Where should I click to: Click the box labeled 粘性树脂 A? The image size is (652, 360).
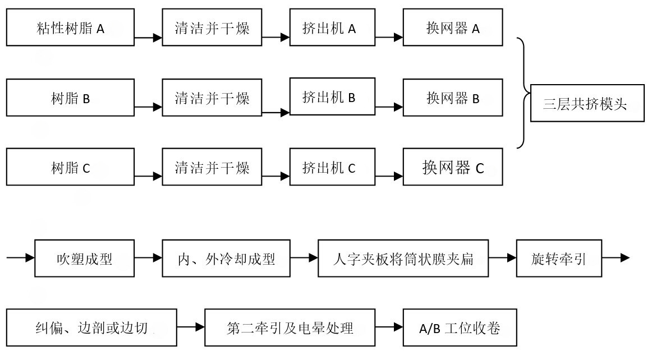click(71, 27)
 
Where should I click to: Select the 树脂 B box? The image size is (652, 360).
click(71, 98)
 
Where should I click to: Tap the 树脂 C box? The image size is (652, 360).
click(71, 167)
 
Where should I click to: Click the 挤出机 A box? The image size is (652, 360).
click(332, 27)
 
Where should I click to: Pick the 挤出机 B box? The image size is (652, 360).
click(332, 97)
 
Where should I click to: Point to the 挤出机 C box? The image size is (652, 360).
click(332, 167)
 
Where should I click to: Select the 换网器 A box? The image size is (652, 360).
click(453, 27)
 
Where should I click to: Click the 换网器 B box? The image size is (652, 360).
click(453, 98)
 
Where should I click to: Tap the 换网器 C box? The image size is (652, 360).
click(453, 167)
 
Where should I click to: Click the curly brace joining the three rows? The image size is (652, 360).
click(524, 93)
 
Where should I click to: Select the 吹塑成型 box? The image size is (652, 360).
click(85, 259)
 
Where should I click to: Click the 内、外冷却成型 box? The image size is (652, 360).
click(226, 259)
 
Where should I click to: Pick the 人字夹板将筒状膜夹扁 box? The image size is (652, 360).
click(402, 259)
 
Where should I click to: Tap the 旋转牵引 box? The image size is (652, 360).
click(558, 259)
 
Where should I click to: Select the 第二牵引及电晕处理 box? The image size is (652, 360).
click(290, 327)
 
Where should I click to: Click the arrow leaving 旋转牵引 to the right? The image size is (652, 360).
click(617, 259)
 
